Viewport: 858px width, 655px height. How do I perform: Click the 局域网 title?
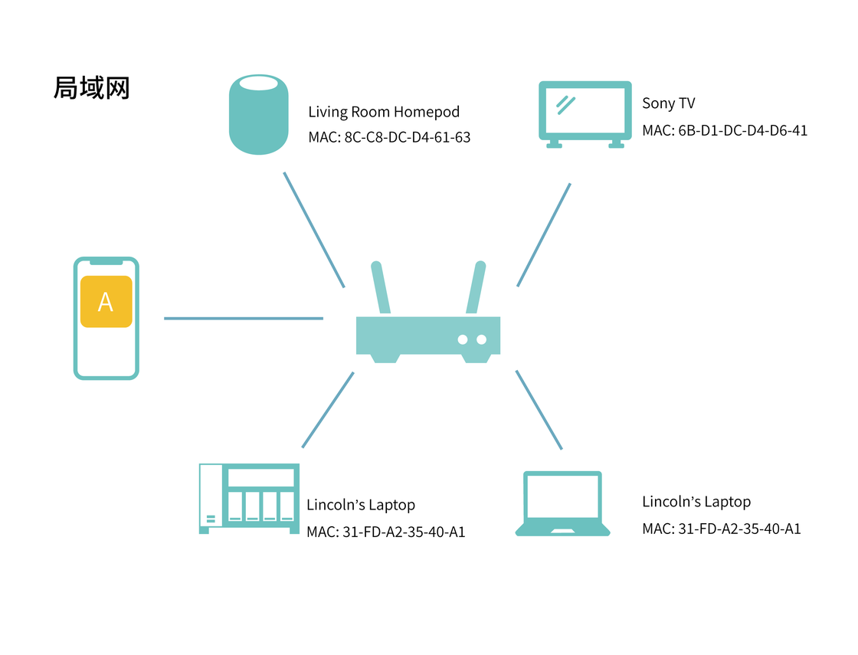[91, 88]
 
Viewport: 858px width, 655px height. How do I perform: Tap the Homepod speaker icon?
[259, 114]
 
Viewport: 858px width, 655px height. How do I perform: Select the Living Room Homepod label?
[384, 112]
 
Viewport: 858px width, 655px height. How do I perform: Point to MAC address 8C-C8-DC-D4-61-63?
[389, 138]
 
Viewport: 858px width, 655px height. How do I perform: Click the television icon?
[585, 114]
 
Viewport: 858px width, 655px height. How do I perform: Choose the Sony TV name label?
[668, 103]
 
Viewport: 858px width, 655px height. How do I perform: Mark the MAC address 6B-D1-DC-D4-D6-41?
[725, 130]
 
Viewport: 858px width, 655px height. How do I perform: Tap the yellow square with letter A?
[106, 302]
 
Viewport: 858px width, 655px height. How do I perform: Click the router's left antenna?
[381, 287]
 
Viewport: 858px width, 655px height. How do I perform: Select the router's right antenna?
[476, 287]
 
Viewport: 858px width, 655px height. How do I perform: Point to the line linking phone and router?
[243, 318]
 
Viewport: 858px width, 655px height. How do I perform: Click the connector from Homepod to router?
[314, 229]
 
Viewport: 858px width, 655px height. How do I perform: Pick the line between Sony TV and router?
[544, 234]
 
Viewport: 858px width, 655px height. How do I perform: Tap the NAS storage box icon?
[248, 499]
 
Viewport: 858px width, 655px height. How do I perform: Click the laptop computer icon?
[563, 503]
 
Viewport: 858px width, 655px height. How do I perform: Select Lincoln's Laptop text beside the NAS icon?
[361, 505]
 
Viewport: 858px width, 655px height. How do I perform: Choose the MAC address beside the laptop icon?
[722, 529]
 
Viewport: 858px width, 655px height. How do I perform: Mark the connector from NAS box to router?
[328, 410]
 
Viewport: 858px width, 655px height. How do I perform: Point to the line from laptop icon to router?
[539, 409]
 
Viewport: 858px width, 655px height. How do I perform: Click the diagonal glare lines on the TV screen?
[566, 104]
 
